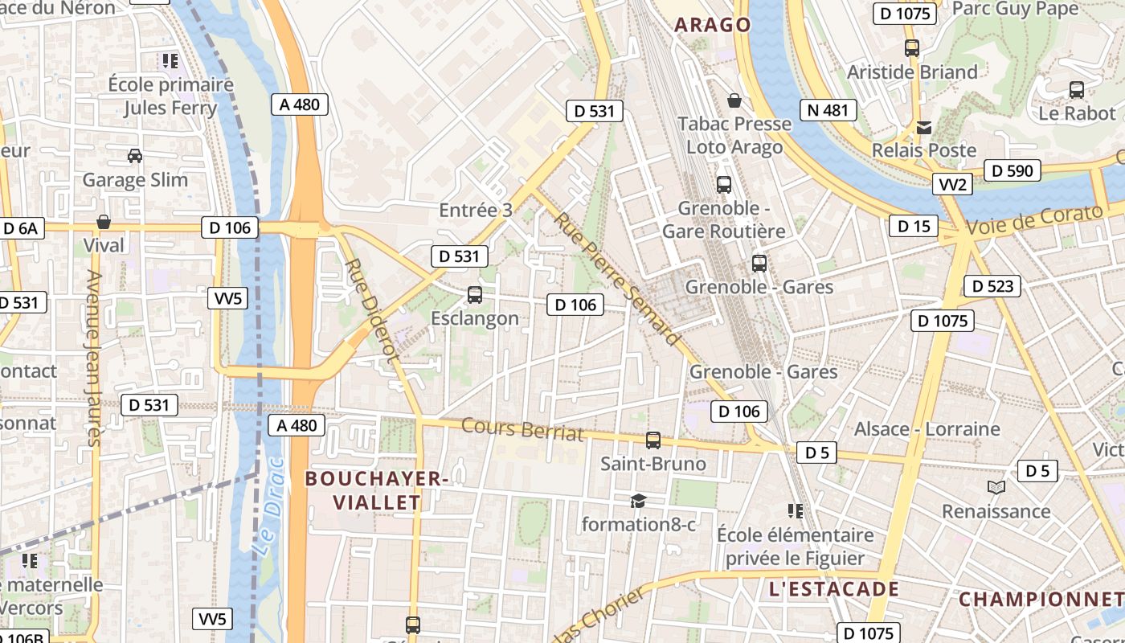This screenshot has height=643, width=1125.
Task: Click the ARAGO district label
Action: [713, 25]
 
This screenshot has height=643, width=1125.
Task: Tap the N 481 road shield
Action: [828, 110]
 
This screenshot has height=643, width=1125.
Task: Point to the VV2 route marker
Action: [954, 185]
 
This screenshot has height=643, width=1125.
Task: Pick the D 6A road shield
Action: [20, 228]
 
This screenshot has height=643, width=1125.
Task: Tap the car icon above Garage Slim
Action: [135, 156]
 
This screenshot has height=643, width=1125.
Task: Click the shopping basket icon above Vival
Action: [104, 222]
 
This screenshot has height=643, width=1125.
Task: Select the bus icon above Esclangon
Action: [475, 295]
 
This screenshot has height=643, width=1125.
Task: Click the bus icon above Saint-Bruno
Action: [653, 440]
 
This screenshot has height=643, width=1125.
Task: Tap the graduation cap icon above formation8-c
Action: [638, 501]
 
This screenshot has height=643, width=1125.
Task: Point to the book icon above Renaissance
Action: [996, 487]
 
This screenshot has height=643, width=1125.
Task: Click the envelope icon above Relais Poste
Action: [924, 128]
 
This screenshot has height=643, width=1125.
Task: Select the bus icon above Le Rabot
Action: [1077, 90]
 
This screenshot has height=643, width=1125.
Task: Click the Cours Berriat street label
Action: [522, 430]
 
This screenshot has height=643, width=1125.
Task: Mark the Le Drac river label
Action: [268, 507]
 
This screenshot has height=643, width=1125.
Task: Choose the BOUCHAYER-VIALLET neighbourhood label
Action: [376, 490]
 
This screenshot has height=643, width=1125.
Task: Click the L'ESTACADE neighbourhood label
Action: [833, 589]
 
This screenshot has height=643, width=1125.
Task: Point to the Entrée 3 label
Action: [475, 211]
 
